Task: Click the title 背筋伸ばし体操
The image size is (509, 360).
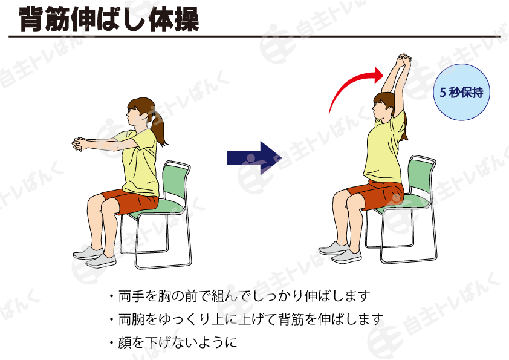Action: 109,19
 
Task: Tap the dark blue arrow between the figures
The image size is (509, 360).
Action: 253,158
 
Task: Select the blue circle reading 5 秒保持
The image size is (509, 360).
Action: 461,92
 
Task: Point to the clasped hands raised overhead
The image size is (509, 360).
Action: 404,60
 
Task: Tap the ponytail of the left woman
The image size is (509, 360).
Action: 159,128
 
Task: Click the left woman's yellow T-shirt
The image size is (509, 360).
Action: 140,163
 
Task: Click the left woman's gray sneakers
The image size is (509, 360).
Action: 94,257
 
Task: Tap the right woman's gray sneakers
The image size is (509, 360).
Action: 340,252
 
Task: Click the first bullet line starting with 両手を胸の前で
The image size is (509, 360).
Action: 240,296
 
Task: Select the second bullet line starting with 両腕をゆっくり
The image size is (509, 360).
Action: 247,319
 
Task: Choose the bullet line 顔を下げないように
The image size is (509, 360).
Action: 173,342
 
